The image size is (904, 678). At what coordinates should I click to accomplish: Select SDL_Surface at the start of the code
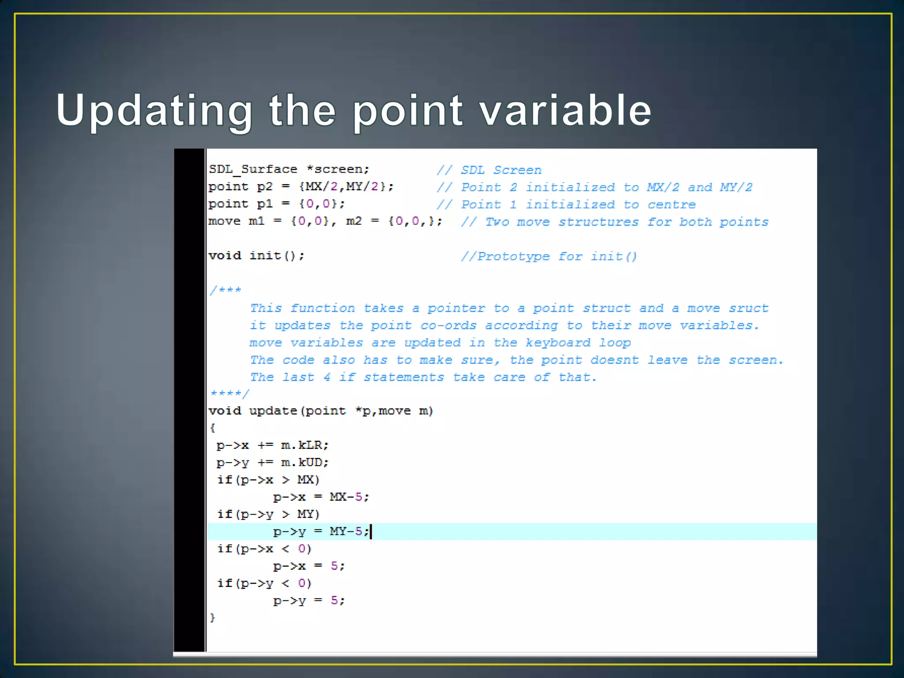(253, 169)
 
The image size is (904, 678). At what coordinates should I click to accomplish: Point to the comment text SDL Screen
(501, 170)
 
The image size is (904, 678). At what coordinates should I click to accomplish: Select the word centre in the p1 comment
(671, 204)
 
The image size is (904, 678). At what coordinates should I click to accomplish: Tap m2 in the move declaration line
(354, 221)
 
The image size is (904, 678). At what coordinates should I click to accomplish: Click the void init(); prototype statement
(256, 256)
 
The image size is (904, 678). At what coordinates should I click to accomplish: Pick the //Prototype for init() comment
(549, 256)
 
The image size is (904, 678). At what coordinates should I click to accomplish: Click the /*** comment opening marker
(225, 290)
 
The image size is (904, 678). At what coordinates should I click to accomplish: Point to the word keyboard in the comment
(558, 343)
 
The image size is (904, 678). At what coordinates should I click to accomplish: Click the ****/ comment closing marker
(230, 394)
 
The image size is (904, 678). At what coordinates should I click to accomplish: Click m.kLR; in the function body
(305, 445)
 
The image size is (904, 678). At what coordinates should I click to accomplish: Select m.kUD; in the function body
(305, 463)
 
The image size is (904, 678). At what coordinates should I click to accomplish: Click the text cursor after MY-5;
(371, 531)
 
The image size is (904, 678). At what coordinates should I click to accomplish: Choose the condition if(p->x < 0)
(264, 549)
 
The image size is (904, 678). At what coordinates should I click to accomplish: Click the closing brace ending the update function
(212, 617)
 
